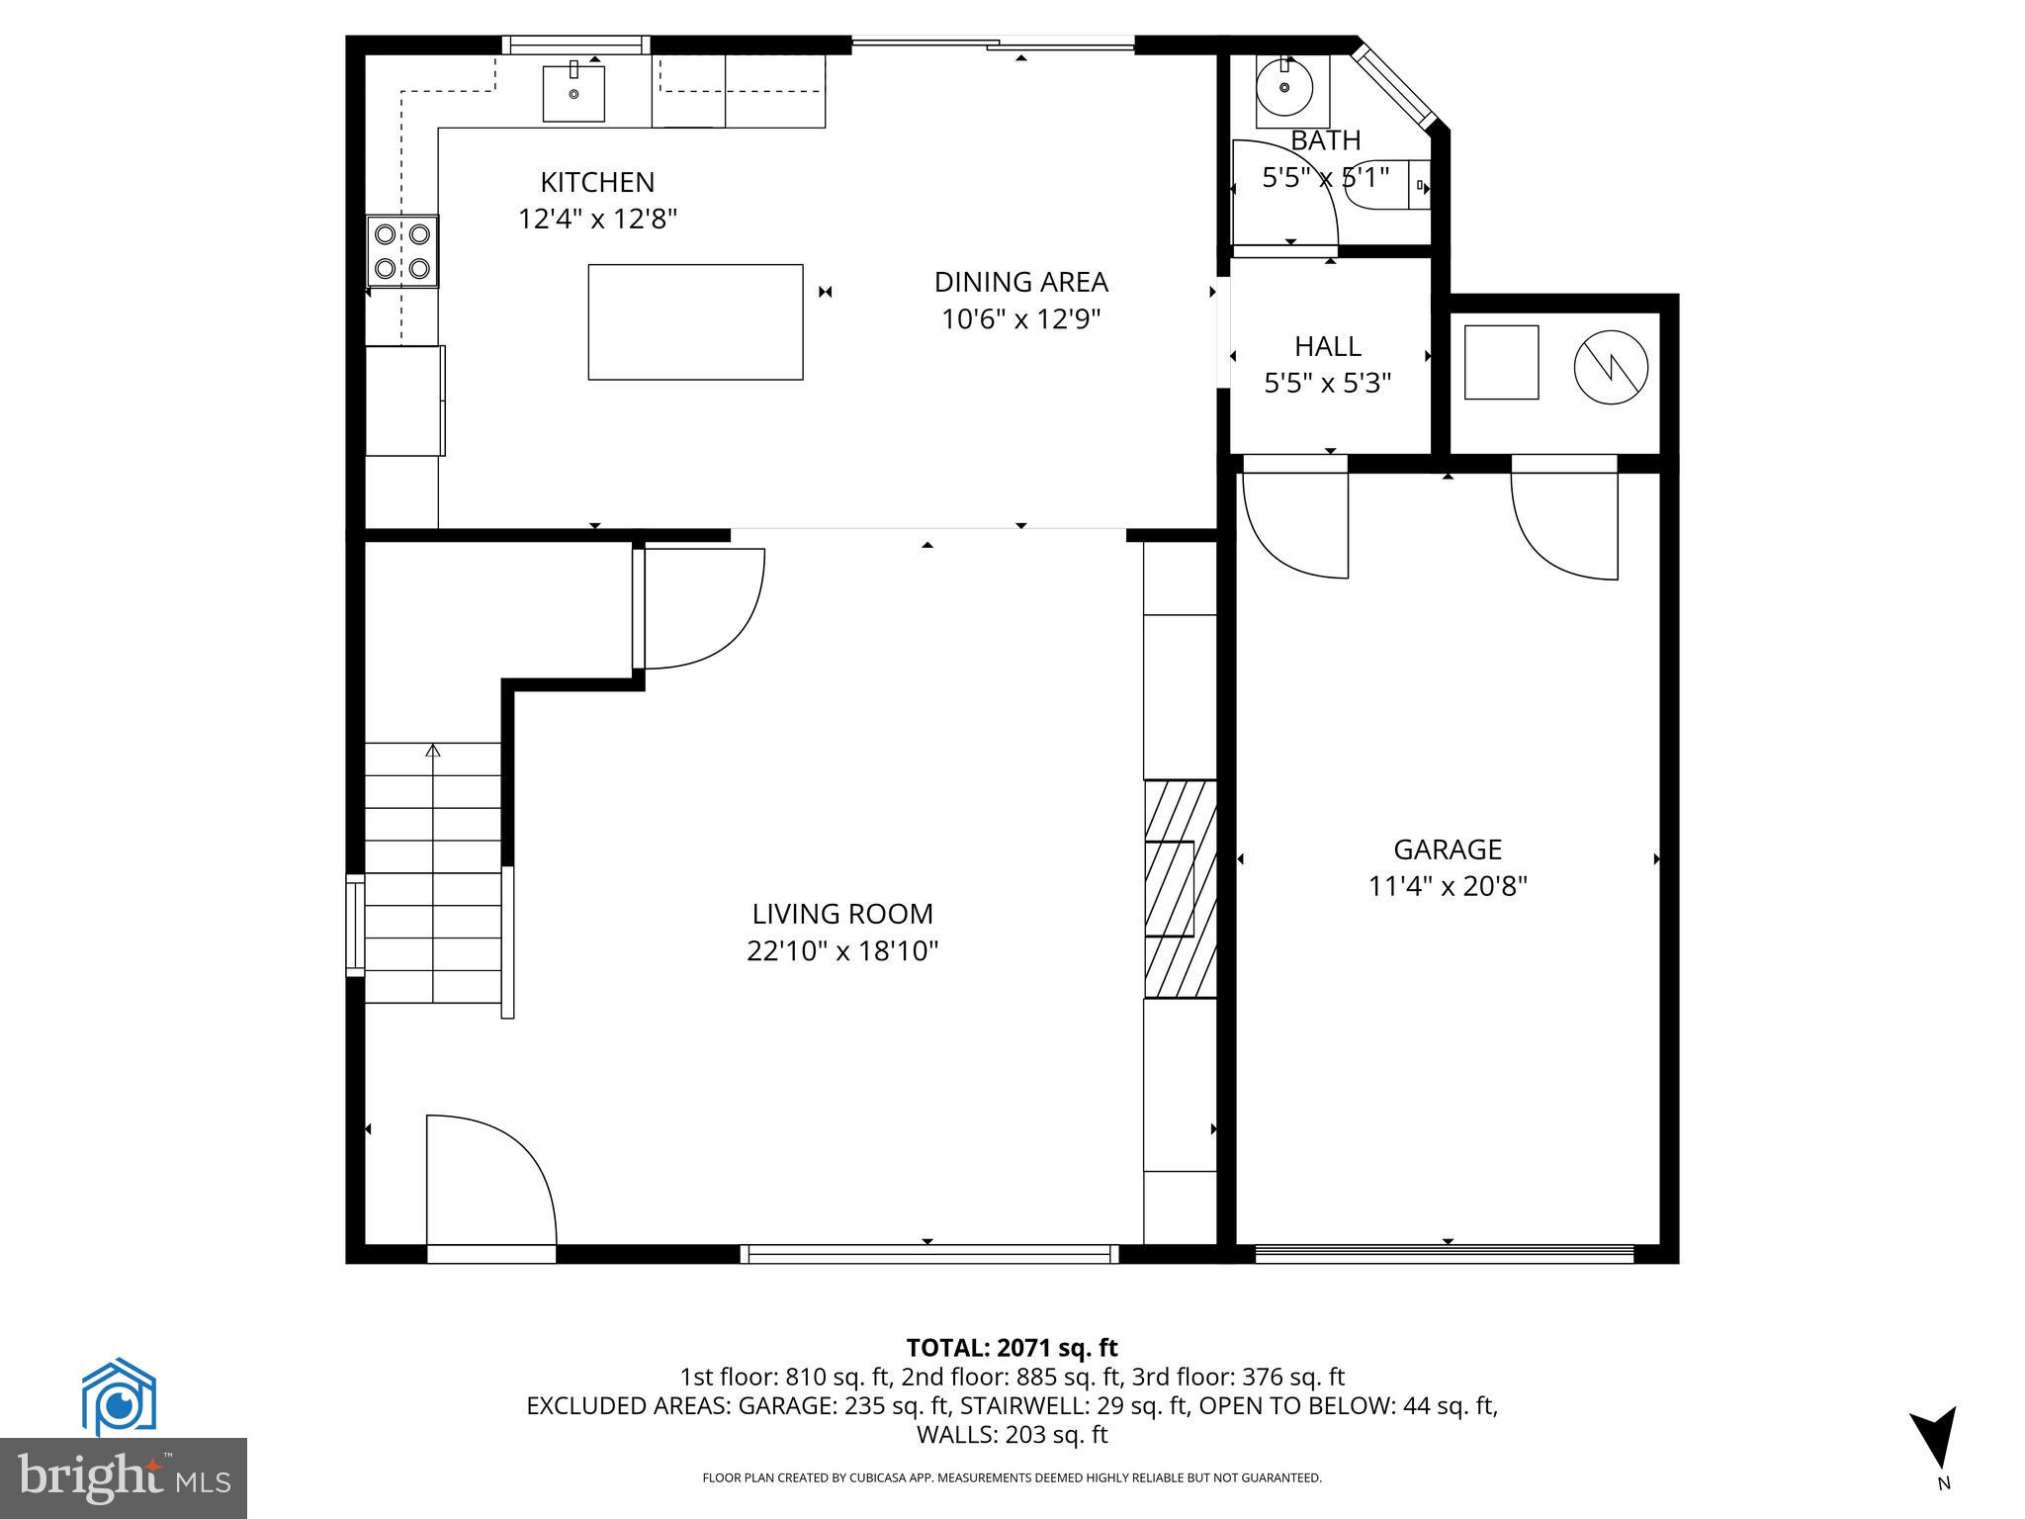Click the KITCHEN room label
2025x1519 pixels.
(x=597, y=183)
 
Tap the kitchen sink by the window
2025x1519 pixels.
(x=573, y=93)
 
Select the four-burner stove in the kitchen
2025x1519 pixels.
(x=402, y=251)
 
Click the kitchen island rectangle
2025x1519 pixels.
(x=695, y=321)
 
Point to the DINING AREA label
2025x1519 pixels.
(x=1020, y=283)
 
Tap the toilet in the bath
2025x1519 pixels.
(x=1384, y=185)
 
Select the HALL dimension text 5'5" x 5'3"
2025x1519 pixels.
(x=1328, y=383)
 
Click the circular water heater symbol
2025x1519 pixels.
(x=1611, y=366)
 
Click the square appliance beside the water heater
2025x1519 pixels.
(x=1501, y=362)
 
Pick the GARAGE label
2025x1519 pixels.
(x=1448, y=849)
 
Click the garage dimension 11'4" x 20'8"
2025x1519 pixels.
(x=1448, y=886)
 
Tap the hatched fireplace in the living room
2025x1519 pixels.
(x=1180, y=889)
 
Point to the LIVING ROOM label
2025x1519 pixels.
(x=842, y=914)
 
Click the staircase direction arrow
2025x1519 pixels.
(x=432, y=752)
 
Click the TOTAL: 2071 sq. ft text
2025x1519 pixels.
(x=1012, y=1348)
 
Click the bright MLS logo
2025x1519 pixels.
(x=123, y=1477)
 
